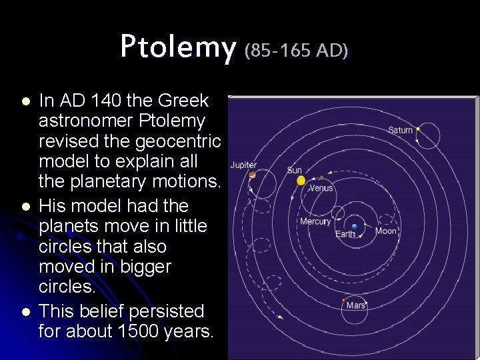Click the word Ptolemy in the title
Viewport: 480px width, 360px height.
tap(178, 47)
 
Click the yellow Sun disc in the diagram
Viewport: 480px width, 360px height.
tap(301, 180)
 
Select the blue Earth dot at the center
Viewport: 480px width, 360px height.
tap(355, 227)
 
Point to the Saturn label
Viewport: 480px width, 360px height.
tap(401, 130)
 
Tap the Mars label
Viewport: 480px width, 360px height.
tap(356, 305)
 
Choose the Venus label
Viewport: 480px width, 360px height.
tap(321, 189)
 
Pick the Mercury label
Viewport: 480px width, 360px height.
tap(315, 221)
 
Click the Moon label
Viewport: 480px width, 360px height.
tap(385, 231)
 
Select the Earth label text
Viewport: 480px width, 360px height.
tap(345, 234)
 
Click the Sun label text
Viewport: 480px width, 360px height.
tap(294, 170)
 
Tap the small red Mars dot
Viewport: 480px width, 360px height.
tap(343, 301)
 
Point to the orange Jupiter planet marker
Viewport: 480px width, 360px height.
tap(253, 175)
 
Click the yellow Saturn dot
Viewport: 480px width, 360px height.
tap(418, 129)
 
